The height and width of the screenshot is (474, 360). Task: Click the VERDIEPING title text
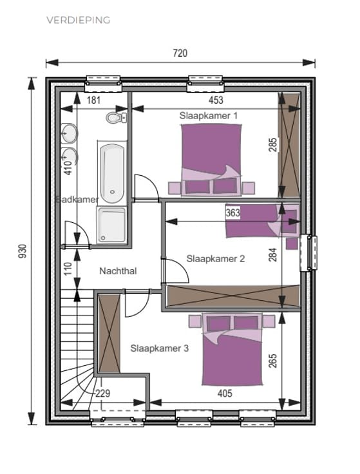click(x=79, y=20)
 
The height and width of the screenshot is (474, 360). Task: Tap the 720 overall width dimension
click(x=180, y=53)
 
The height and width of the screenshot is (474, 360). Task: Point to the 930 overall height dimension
click(x=23, y=251)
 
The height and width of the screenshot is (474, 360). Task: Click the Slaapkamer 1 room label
click(x=209, y=115)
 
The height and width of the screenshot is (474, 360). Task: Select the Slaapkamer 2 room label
click(x=216, y=259)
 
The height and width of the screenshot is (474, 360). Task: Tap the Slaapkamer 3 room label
click(x=159, y=348)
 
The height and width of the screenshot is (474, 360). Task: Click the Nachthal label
click(x=118, y=271)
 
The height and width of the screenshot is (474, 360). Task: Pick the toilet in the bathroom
click(x=117, y=117)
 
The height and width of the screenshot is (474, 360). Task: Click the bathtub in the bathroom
click(x=112, y=173)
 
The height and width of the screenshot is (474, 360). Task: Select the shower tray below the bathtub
click(x=112, y=225)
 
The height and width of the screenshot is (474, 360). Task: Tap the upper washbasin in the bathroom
click(x=69, y=133)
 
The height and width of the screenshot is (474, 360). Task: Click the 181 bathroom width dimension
click(x=93, y=100)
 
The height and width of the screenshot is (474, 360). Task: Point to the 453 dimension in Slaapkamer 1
click(x=216, y=100)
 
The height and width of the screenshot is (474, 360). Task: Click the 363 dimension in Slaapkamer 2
click(x=232, y=213)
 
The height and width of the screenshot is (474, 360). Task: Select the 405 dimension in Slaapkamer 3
click(x=225, y=393)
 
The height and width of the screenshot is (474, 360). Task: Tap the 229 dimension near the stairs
click(x=103, y=393)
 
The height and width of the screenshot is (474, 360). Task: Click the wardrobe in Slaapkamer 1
click(x=289, y=146)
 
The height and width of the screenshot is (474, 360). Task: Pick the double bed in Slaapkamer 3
click(x=232, y=350)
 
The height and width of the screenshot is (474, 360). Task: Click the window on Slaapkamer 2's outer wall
click(x=308, y=252)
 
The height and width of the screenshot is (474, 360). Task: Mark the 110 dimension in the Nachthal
click(x=68, y=269)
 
